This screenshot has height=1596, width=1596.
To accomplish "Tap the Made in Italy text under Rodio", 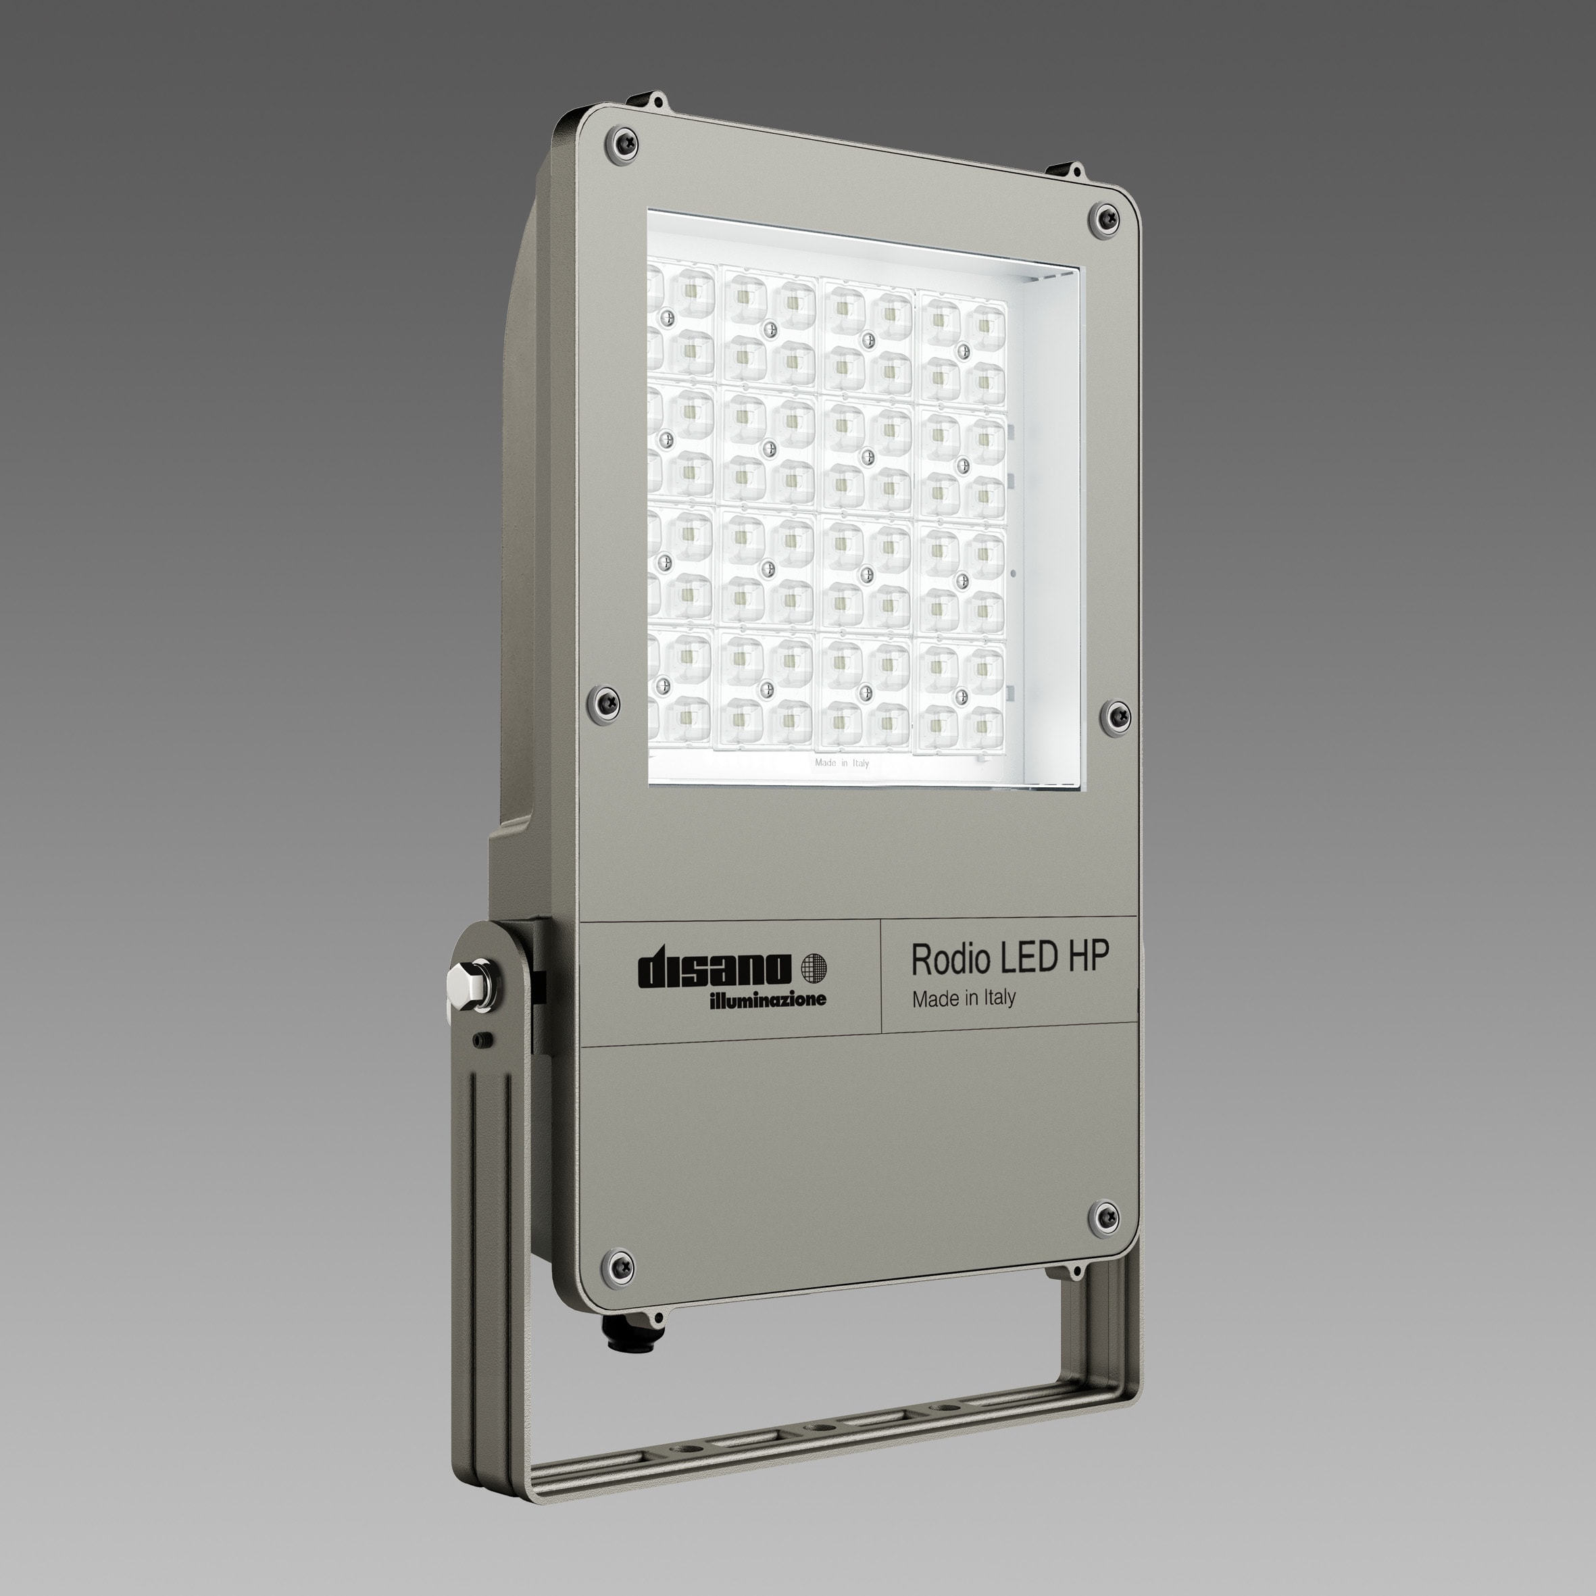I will [964, 999].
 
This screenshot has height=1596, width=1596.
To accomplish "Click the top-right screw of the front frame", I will [1103, 218].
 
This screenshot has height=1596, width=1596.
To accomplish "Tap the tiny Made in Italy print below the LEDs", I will [841, 762].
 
